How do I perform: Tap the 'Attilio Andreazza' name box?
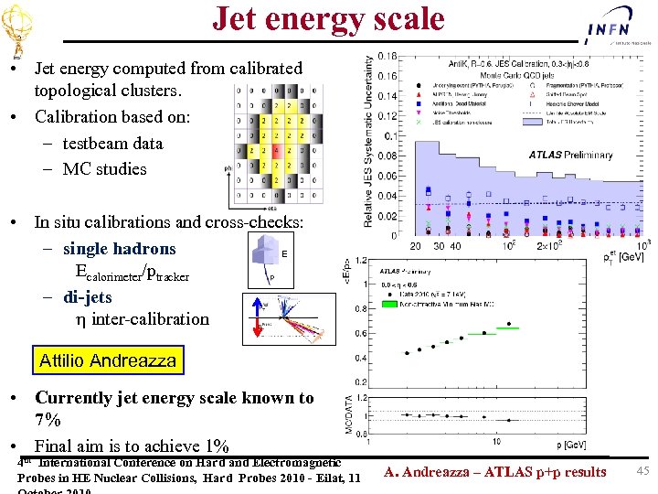point(108,360)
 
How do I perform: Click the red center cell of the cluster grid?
point(277,149)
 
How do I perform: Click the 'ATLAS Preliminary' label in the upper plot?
point(570,155)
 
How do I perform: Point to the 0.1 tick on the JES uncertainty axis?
point(389,135)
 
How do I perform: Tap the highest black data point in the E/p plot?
point(485,333)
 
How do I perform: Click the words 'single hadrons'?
point(119,249)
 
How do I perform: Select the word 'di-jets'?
point(88,297)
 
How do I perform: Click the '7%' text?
point(48,421)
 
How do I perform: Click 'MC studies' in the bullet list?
point(104,168)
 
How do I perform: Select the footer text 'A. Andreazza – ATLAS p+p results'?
point(494,472)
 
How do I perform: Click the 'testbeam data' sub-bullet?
point(112,143)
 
